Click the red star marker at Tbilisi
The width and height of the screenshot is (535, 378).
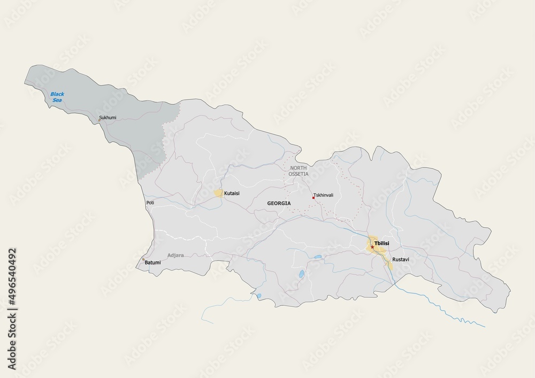click(x=372, y=247)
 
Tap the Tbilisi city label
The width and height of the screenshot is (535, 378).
click(x=383, y=244)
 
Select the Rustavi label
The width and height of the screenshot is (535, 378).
click(x=400, y=259)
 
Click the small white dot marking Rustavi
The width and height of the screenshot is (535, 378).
click(x=390, y=259)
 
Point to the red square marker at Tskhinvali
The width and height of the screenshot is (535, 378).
click(x=314, y=197)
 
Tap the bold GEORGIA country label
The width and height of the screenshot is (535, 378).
click(x=279, y=204)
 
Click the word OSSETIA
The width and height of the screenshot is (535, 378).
click(x=300, y=174)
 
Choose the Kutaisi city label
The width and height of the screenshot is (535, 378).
click(x=232, y=193)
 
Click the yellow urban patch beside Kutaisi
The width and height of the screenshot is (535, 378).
click(x=219, y=193)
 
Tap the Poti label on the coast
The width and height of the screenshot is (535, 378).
click(x=150, y=203)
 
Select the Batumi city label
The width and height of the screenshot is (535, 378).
click(x=153, y=263)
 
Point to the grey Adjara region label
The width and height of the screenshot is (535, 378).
click(x=175, y=255)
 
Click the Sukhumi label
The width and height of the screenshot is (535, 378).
click(x=108, y=118)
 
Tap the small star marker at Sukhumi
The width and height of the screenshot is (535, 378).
click(x=100, y=120)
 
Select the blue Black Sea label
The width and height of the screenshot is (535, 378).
click(x=57, y=97)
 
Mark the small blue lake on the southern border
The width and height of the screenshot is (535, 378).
click(x=259, y=296)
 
